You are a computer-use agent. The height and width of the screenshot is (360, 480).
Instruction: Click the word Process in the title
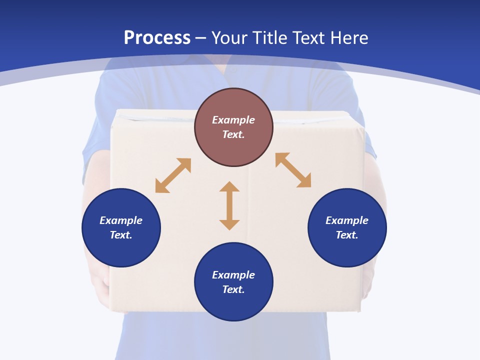[157, 38]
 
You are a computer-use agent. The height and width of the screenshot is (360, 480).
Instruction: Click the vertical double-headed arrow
[229, 205]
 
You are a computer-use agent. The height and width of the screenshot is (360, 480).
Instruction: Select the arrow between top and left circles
[173, 175]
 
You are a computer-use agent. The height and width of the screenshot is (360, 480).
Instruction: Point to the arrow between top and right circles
[293, 170]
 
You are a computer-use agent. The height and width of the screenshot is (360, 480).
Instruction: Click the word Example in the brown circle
[233, 120]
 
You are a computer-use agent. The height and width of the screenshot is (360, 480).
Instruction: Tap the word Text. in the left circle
[121, 235]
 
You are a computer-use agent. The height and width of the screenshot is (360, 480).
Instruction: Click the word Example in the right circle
[347, 220]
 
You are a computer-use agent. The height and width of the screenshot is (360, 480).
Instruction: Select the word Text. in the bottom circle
[233, 289]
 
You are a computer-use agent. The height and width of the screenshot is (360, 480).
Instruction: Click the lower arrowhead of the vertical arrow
[229, 224]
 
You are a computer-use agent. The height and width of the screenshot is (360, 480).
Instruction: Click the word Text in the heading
[309, 38]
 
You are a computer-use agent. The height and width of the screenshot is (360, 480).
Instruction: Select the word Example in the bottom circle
[233, 275]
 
